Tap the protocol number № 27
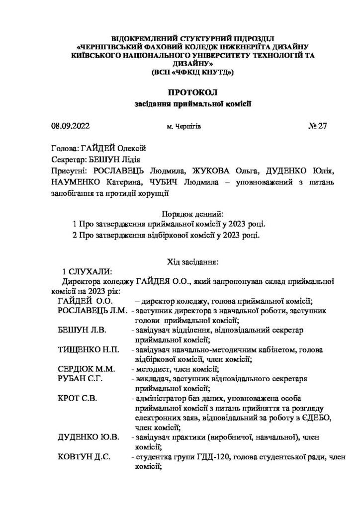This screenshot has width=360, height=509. (317, 126)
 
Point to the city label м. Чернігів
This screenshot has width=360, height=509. (184, 127)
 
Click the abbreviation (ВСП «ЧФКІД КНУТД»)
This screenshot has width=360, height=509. (192, 73)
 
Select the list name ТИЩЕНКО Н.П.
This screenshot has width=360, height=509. (88, 350)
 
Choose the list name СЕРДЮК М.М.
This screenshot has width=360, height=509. (87, 369)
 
